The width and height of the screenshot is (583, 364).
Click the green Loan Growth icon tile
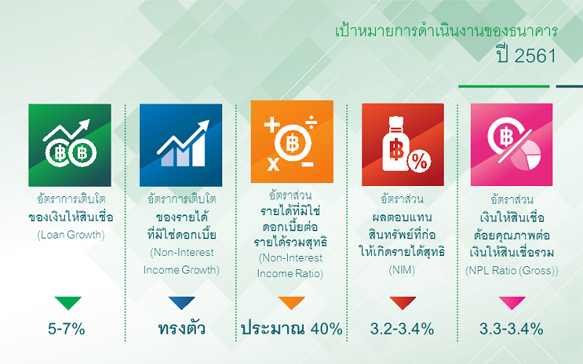[x=70, y=145]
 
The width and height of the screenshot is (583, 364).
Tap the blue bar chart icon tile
[x=181, y=145]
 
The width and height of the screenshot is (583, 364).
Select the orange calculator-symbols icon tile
[x=292, y=142]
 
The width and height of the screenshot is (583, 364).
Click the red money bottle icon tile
[x=403, y=144]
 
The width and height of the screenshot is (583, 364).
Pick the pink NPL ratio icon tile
[x=512, y=144]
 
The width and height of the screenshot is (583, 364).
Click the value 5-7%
[x=66, y=329]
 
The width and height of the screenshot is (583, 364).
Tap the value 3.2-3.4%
[x=402, y=329]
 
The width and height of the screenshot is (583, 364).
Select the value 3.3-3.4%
[x=512, y=329]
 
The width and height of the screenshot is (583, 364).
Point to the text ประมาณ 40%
[x=292, y=329]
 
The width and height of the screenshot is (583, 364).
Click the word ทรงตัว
[x=181, y=329]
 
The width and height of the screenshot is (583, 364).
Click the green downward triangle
[x=68, y=303]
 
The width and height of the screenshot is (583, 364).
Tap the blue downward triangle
[x=181, y=303]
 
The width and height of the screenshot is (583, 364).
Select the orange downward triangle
[x=291, y=303]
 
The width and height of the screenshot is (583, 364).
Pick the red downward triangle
[x=403, y=303]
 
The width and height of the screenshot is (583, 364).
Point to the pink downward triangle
[x=512, y=303]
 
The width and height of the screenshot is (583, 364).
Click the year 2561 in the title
[x=536, y=56]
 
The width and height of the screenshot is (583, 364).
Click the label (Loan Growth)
[x=71, y=235]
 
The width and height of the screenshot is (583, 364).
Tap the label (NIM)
[x=402, y=270]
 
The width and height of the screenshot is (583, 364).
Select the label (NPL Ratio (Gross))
[x=512, y=271]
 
